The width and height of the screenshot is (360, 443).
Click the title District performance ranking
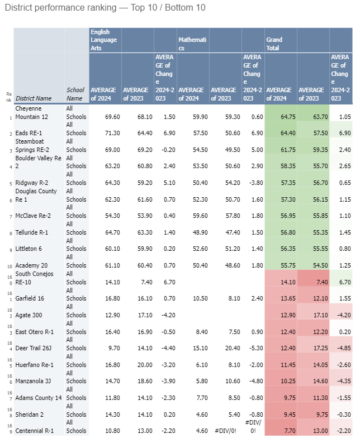pyautogui.click(x=105, y=8)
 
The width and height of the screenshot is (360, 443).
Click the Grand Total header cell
pyautogui.click(x=274, y=44)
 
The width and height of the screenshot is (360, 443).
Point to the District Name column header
pyautogui.click(x=34, y=98)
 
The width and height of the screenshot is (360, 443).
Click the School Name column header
pyautogui.click(x=75, y=94)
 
